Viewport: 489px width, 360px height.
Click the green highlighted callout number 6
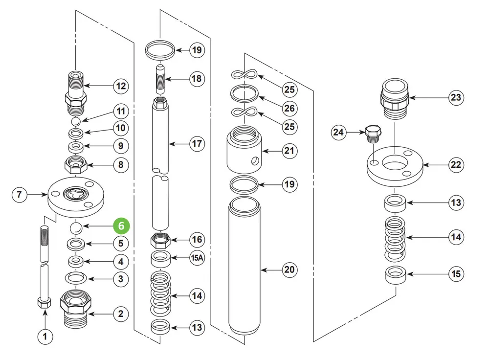click(121, 225)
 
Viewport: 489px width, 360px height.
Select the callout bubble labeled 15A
click(197, 258)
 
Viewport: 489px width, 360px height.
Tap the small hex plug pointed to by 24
click(373, 134)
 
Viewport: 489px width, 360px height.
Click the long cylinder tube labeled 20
click(244, 266)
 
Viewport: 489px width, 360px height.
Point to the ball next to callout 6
click(76, 228)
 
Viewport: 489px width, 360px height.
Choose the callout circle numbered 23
click(456, 97)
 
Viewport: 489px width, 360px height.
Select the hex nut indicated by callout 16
click(160, 240)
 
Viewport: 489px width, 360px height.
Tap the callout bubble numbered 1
click(45, 337)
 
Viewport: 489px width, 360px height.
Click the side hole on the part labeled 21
click(255, 160)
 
